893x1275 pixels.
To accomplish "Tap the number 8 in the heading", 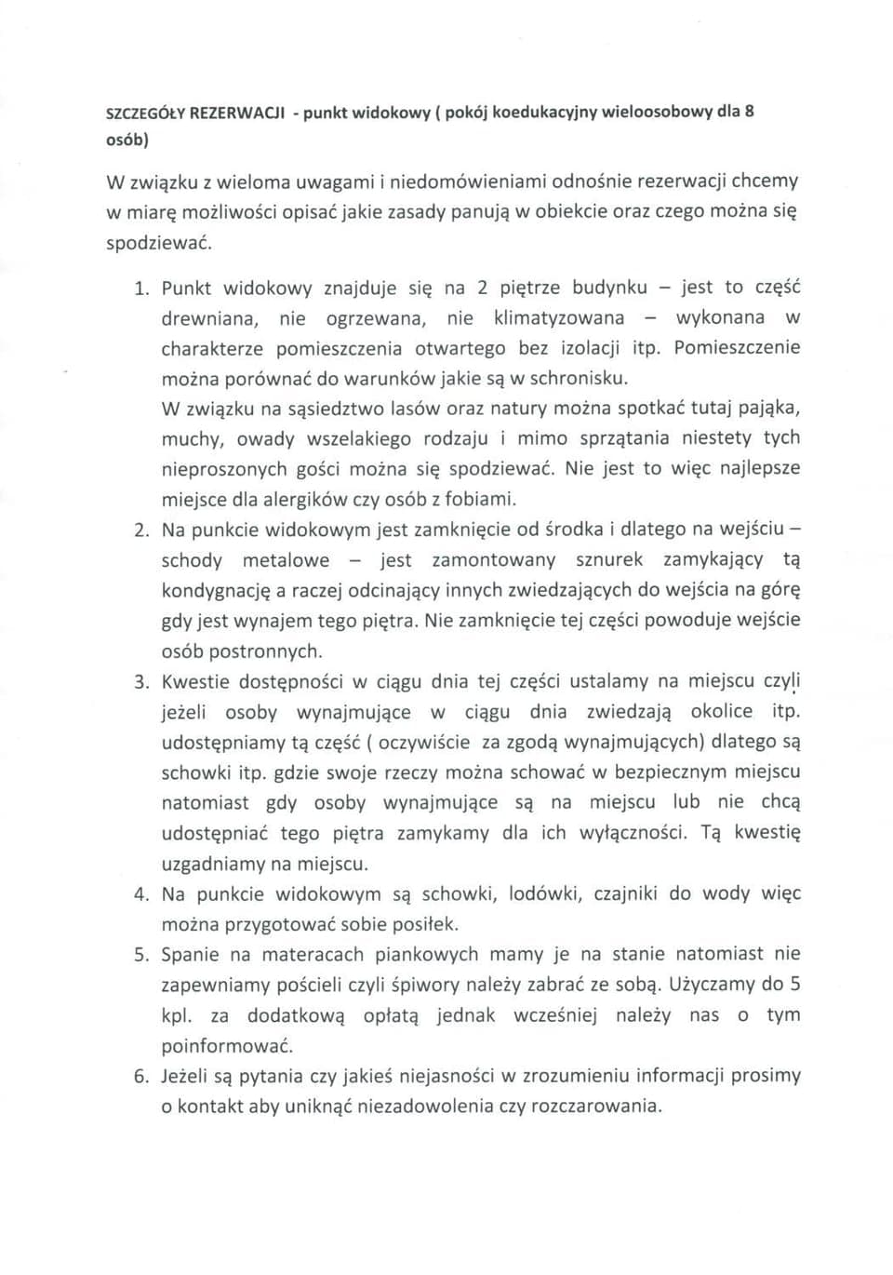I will (x=749, y=112).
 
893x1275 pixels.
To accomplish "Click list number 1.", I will (x=141, y=288).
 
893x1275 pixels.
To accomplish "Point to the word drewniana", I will (x=208, y=318).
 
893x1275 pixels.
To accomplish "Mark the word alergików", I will (x=304, y=499).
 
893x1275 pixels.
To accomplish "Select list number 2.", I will (x=141, y=530).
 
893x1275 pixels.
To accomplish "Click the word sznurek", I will (x=608, y=559).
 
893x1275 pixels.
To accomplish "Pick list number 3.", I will (x=141, y=682).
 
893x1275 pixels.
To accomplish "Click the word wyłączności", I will (x=633, y=832).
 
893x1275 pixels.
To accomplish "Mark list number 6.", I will (x=141, y=1077).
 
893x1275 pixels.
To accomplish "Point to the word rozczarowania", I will (x=596, y=1107).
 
